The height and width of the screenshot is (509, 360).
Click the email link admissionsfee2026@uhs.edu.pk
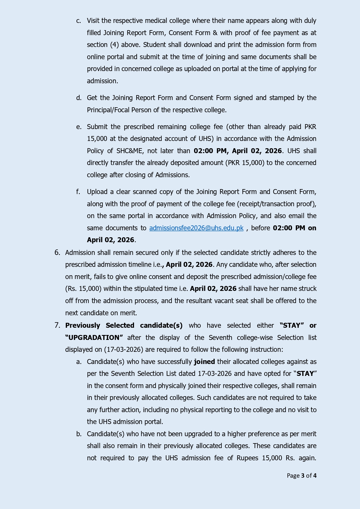(196, 228)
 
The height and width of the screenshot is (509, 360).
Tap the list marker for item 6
(57, 253)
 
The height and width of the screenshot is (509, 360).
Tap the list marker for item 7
(57, 325)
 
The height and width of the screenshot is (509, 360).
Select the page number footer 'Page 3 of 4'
(301, 476)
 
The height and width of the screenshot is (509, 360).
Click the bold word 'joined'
(204, 362)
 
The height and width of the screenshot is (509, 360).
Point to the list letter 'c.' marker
(79, 21)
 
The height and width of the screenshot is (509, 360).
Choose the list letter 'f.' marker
(78, 192)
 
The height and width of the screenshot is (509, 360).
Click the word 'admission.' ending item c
(102, 81)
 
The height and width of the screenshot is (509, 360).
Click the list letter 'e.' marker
(79, 127)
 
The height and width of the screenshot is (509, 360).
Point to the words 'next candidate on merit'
(101, 313)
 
